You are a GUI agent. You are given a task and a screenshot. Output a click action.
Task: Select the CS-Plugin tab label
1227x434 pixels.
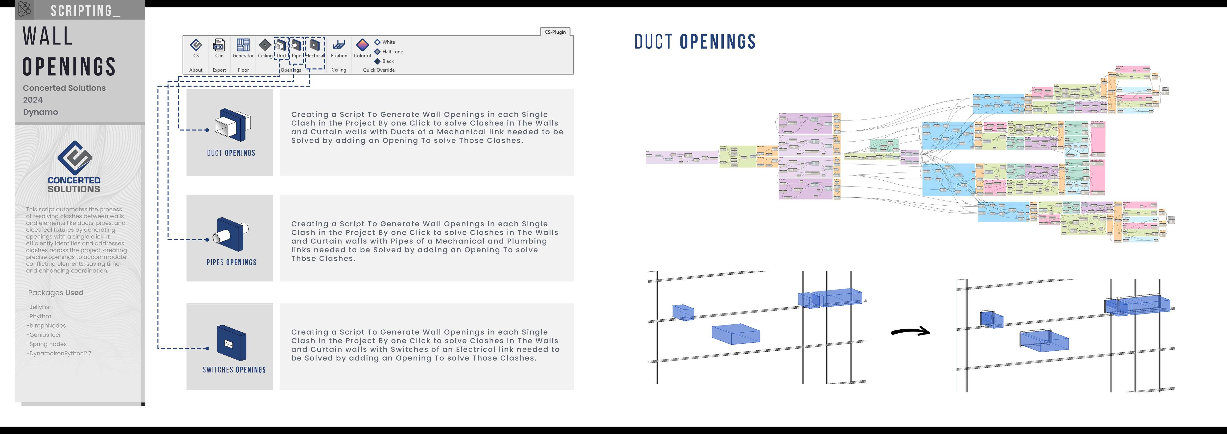(x=555, y=32)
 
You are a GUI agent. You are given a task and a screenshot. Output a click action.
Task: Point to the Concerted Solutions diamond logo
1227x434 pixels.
(x=74, y=157)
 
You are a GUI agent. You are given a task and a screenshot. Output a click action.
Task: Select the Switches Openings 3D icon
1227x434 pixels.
(x=231, y=342)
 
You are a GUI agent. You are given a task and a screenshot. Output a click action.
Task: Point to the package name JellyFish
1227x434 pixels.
(x=41, y=307)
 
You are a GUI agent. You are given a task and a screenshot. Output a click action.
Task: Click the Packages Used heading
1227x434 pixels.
(x=56, y=292)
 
